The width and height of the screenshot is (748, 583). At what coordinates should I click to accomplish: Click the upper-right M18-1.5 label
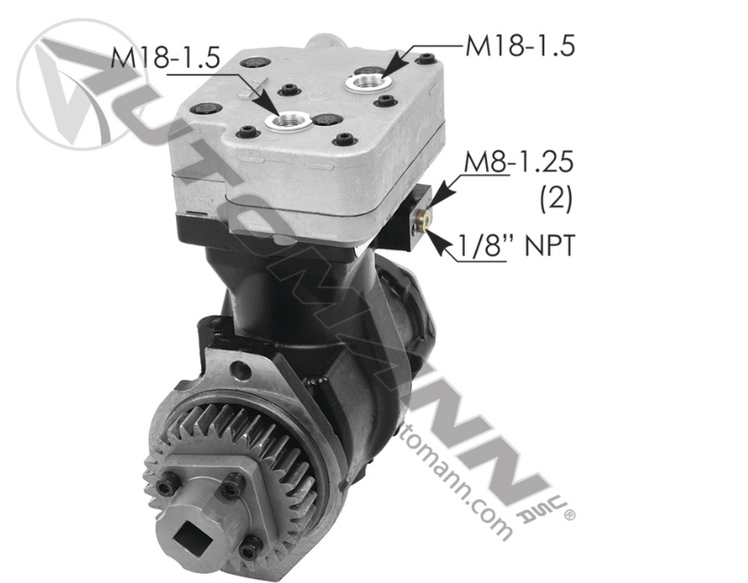520,46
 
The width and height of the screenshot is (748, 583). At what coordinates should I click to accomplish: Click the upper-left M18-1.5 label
165,58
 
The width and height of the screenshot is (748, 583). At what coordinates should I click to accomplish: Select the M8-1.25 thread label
518,162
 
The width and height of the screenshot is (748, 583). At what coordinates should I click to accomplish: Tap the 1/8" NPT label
517,246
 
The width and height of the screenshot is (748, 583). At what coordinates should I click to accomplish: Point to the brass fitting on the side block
422,219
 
